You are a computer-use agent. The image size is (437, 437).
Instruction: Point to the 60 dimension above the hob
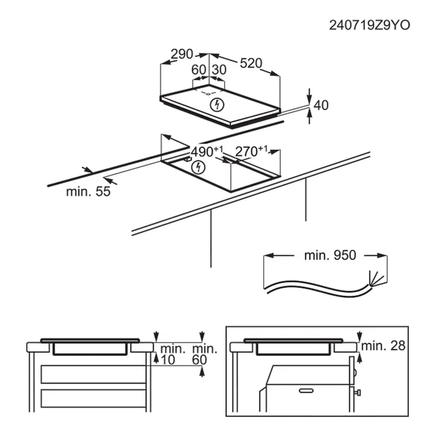[x=199, y=70]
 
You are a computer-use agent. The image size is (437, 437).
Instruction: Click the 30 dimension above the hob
[x=218, y=70]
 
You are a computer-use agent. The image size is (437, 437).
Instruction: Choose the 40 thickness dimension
[x=321, y=105]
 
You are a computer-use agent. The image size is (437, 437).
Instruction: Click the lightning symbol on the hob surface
[x=218, y=104]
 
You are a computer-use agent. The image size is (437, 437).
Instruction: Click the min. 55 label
[x=88, y=191]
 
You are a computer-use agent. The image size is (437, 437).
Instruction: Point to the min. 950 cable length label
[x=330, y=255]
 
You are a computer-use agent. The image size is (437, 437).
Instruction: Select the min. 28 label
[x=383, y=346]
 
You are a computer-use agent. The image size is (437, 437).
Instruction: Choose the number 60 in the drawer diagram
[x=199, y=360]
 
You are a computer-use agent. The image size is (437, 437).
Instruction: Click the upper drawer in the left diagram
[x=93, y=374]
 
